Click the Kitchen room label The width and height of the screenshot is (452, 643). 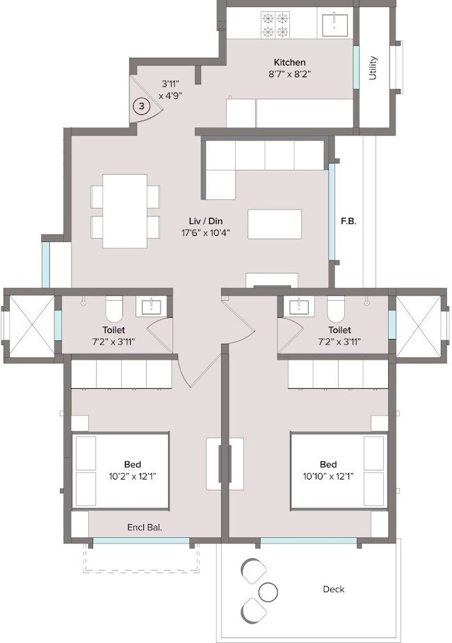pyautogui.click(x=289, y=63)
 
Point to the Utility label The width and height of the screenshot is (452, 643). pyautogui.click(x=373, y=68)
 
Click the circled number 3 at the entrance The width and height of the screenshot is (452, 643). pyautogui.click(x=141, y=106)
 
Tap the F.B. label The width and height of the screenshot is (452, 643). pyautogui.click(x=348, y=222)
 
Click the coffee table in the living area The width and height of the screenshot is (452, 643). pyautogui.click(x=275, y=224)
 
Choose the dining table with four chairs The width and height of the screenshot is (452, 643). pyautogui.click(x=125, y=211)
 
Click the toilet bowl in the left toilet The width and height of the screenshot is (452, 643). pyautogui.click(x=113, y=307)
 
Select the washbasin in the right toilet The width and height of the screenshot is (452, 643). pyautogui.click(x=299, y=306)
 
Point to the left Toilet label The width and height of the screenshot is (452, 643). pyautogui.click(x=113, y=330)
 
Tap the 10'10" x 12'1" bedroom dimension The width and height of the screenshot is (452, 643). pyautogui.click(x=328, y=477)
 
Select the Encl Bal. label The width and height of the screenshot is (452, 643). pyautogui.click(x=145, y=527)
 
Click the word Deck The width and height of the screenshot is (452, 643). pyautogui.click(x=334, y=589)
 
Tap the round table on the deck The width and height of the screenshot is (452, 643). pyautogui.click(x=268, y=592)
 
